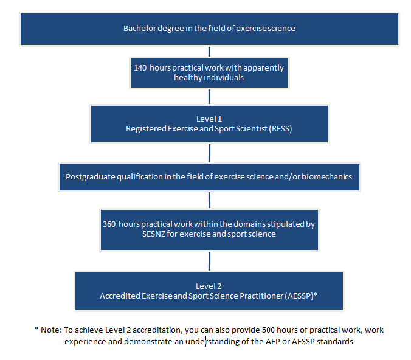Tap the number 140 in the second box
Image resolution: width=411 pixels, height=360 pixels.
click(140, 68)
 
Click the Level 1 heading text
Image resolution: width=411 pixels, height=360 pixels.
click(209, 119)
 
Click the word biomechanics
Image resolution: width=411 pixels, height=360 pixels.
click(326, 177)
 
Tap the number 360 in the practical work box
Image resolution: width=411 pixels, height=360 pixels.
click(109, 224)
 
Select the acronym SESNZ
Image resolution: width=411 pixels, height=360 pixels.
click(153, 234)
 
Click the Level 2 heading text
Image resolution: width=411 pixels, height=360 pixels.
click(209, 286)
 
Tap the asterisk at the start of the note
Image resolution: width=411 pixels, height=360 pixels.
click(36, 328)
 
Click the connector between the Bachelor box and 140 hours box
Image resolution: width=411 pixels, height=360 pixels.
click(209, 52)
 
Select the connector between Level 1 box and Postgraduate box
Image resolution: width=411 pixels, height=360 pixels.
click(209, 153)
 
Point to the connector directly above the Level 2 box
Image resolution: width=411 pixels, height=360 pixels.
click(209, 261)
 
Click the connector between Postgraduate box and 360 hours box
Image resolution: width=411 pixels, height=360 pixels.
click(209, 200)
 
